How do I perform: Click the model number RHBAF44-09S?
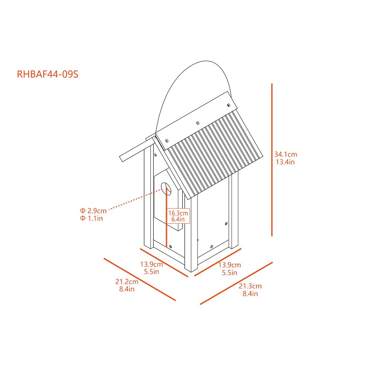[48, 74]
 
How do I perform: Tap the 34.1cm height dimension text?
[286, 154]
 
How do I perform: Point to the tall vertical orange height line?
[272, 160]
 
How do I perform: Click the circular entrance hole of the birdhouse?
[166, 189]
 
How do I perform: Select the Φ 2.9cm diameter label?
[93, 211]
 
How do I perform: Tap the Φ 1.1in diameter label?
[92, 218]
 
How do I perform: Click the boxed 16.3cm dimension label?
[178, 213]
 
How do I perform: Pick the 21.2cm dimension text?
[127, 282]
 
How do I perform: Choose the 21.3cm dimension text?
[250, 286]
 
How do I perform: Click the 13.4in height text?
[285, 162]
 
